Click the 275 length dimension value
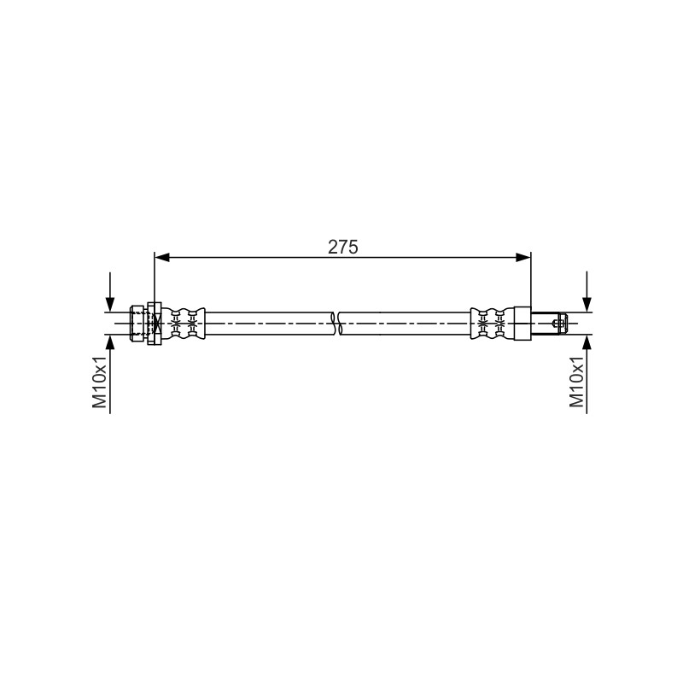343,247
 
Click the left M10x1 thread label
100,382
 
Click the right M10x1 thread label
577,382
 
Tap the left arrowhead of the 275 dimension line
162,258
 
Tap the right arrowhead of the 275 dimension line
523,258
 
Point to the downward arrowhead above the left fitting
110,305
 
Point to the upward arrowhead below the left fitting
110,343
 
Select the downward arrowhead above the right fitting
587,305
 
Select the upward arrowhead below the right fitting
587,343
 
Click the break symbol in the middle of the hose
336,324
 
